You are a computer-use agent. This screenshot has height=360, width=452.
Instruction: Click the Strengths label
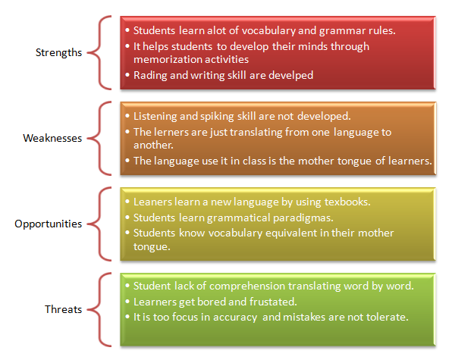59,53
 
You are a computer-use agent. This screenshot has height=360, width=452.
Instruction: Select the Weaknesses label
52,138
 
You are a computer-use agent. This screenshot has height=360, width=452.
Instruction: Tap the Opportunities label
49,224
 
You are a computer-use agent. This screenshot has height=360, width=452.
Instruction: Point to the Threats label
64,309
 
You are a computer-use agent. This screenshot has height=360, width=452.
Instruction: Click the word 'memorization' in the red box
164,59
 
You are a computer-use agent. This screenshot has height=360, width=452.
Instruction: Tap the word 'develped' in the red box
291,76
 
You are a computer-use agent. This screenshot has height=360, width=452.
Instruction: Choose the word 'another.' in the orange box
153,146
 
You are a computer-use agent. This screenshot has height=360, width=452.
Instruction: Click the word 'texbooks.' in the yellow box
347,202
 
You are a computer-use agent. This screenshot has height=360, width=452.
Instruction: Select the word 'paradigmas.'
303,218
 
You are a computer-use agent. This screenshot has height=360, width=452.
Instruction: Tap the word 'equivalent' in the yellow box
291,233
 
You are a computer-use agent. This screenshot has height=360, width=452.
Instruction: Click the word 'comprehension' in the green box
249,286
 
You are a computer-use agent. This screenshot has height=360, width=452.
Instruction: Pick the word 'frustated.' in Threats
273,302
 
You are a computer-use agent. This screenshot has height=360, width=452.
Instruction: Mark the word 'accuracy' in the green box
235,318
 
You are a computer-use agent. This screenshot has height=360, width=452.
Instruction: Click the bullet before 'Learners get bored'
127,302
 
